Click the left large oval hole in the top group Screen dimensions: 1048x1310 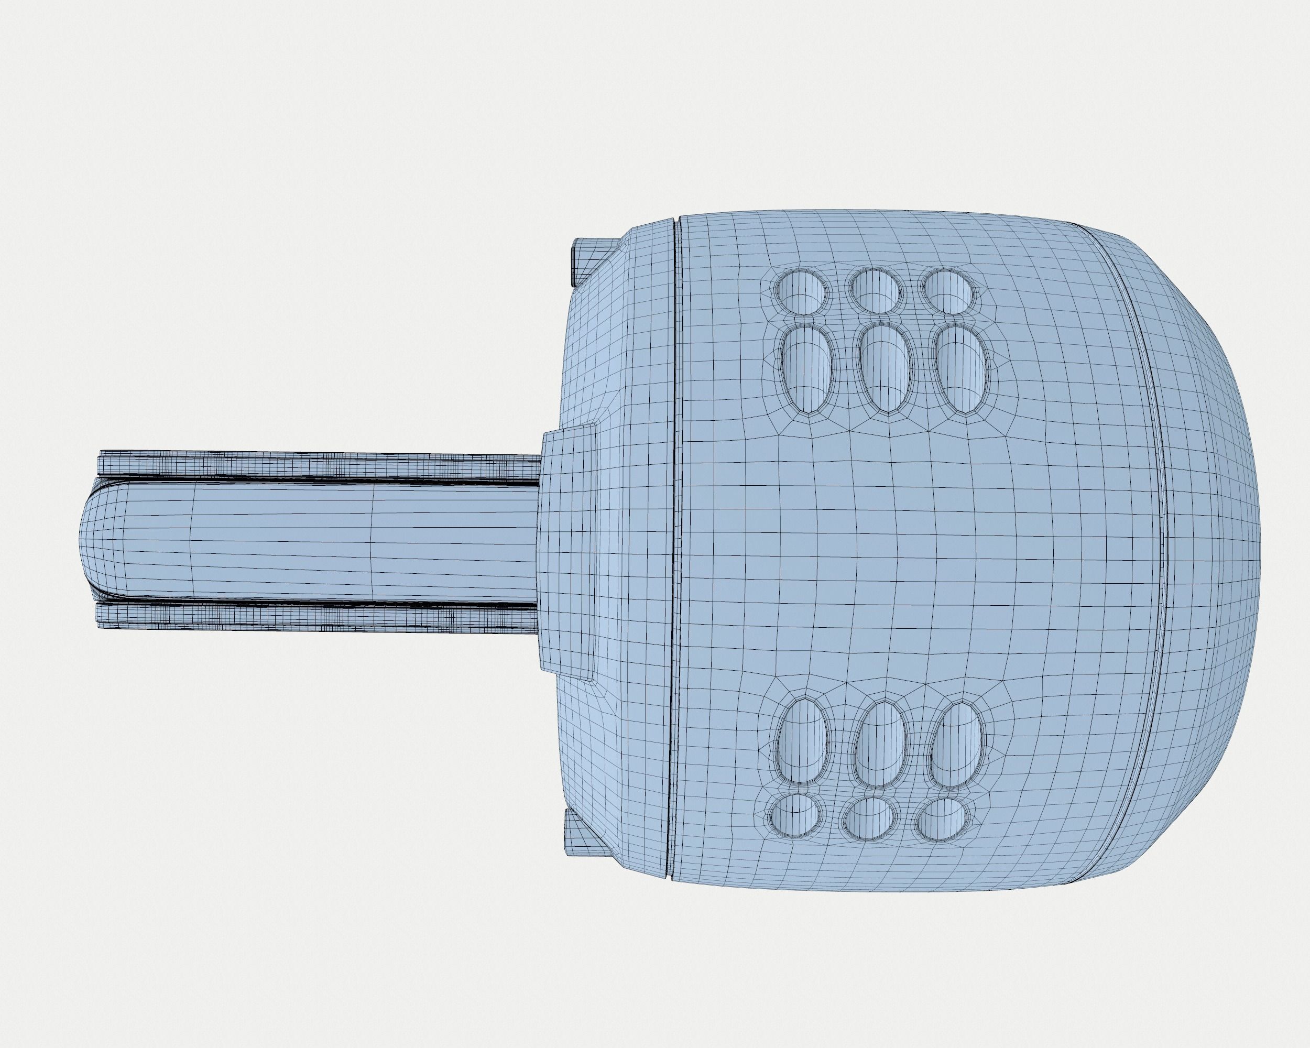tap(808, 369)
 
